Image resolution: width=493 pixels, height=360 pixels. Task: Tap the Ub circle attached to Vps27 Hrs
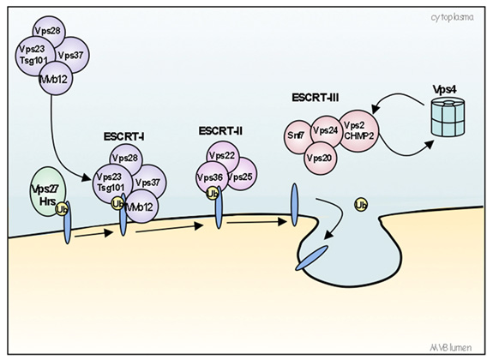[62, 209]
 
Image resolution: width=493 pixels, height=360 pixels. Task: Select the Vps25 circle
[239, 176]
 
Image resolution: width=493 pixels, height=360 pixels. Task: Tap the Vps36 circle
[209, 176]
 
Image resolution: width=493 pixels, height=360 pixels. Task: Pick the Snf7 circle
[296, 135]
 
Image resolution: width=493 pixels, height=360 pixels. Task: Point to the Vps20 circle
[321, 157]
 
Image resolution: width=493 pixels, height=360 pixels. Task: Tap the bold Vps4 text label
[447, 89]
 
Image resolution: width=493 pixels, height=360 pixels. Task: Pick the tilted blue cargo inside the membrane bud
[311, 255]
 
